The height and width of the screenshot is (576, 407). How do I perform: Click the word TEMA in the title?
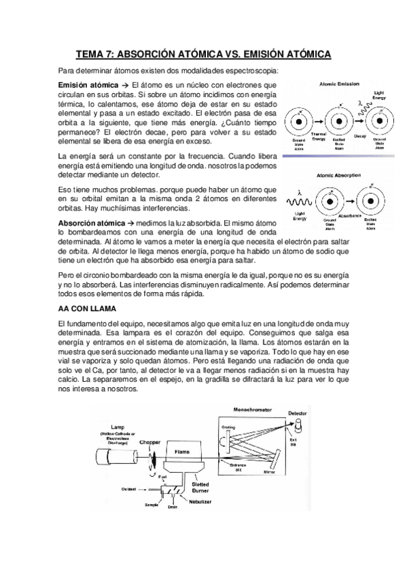90,54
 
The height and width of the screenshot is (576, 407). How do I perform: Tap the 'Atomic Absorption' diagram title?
338,175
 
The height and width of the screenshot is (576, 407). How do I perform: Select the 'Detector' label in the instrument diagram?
298,413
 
